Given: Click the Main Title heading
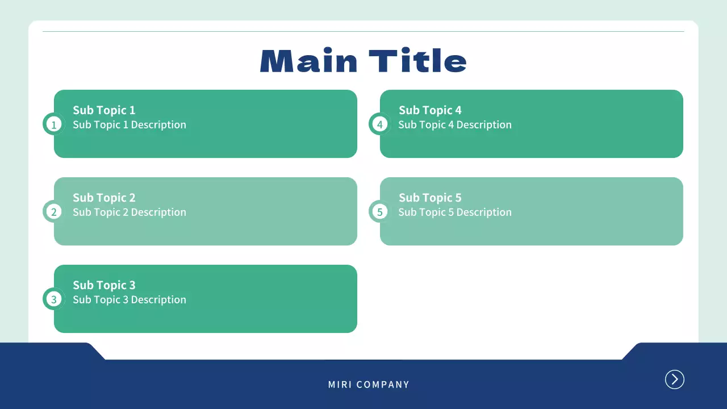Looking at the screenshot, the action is [363, 60].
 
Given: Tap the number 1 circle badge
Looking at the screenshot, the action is [54, 124].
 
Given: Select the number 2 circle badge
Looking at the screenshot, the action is [54, 211].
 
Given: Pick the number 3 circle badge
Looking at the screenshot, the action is [54, 299].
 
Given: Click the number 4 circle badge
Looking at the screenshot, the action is [380, 124].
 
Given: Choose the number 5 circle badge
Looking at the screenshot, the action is [380, 211].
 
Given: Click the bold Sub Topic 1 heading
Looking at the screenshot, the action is [104, 110].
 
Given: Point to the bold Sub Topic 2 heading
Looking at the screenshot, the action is [104, 198].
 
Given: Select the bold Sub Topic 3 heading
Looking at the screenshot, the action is [104, 285].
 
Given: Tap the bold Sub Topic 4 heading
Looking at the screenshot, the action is [430, 110].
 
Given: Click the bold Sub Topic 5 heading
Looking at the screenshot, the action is [430, 198].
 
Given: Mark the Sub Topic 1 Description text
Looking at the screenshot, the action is [129, 125].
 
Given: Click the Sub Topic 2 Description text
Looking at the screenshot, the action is [129, 212].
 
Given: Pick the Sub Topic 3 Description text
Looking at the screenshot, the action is [129, 299].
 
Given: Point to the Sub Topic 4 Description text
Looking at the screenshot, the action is [455, 125].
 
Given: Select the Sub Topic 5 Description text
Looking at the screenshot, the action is [455, 212].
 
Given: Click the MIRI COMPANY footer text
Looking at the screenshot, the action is [369, 385].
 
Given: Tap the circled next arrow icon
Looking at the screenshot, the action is [674, 379].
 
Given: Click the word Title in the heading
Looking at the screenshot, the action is [418, 60].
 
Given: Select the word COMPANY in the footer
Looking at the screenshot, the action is [383, 385].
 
